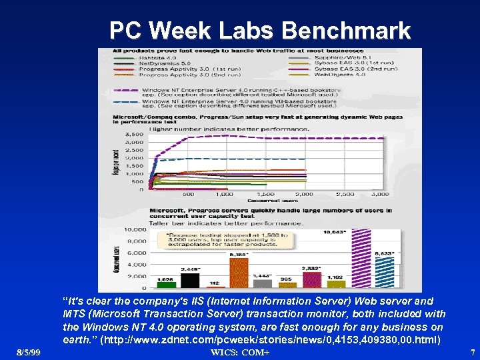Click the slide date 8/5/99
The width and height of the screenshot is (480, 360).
pyautogui.click(x=29, y=351)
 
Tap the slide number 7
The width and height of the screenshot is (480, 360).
pyautogui.click(x=472, y=351)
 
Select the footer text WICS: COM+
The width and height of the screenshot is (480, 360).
pyautogui.click(x=240, y=351)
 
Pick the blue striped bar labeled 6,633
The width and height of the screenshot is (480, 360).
pyautogui.click(x=385, y=273)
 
